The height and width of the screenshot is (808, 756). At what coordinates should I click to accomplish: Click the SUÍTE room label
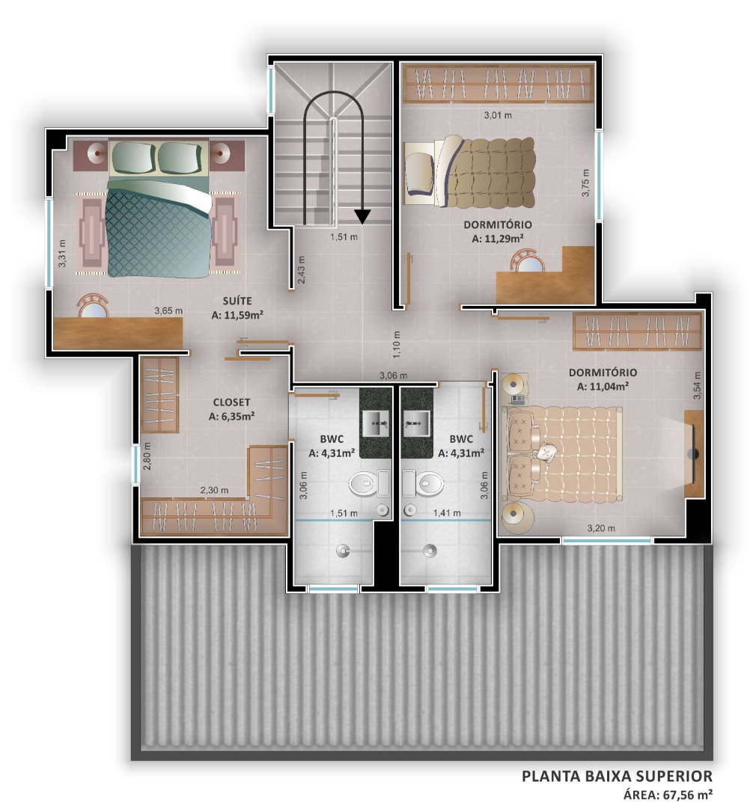tap(237, 301)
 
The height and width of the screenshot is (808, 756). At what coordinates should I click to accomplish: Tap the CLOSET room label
tap(231, 403)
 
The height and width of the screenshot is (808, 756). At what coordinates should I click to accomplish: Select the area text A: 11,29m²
tap(498, 239)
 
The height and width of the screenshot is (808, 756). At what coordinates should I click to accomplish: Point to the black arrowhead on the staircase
tap(362, 217)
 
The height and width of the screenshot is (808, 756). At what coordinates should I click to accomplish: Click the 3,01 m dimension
tap(498, 115)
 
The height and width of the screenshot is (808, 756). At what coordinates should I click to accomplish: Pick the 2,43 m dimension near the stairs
tap(302, 270)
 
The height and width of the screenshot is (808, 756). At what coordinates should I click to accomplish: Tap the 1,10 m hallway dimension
tap(397, 345)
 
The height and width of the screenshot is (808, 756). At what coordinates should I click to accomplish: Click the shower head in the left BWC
tap(342, 551)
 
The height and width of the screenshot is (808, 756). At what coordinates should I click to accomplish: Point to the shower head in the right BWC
tap(430, 551)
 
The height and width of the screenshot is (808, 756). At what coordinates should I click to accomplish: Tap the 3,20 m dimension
tap(601, 528)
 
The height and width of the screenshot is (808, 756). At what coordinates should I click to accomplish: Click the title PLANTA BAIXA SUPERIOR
tap(617, 776)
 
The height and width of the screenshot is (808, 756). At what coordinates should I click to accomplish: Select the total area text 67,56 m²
tap(683, 794)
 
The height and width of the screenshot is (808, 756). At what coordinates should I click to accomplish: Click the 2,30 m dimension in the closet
tap(214, 491)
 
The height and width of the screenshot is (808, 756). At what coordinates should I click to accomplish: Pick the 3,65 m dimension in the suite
tap(168, 310)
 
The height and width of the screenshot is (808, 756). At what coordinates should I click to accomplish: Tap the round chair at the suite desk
tap(94, 305)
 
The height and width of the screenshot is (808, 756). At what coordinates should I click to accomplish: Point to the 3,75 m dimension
tap(585, 183)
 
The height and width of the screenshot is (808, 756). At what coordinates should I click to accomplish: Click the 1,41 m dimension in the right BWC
tap(447, 513)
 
